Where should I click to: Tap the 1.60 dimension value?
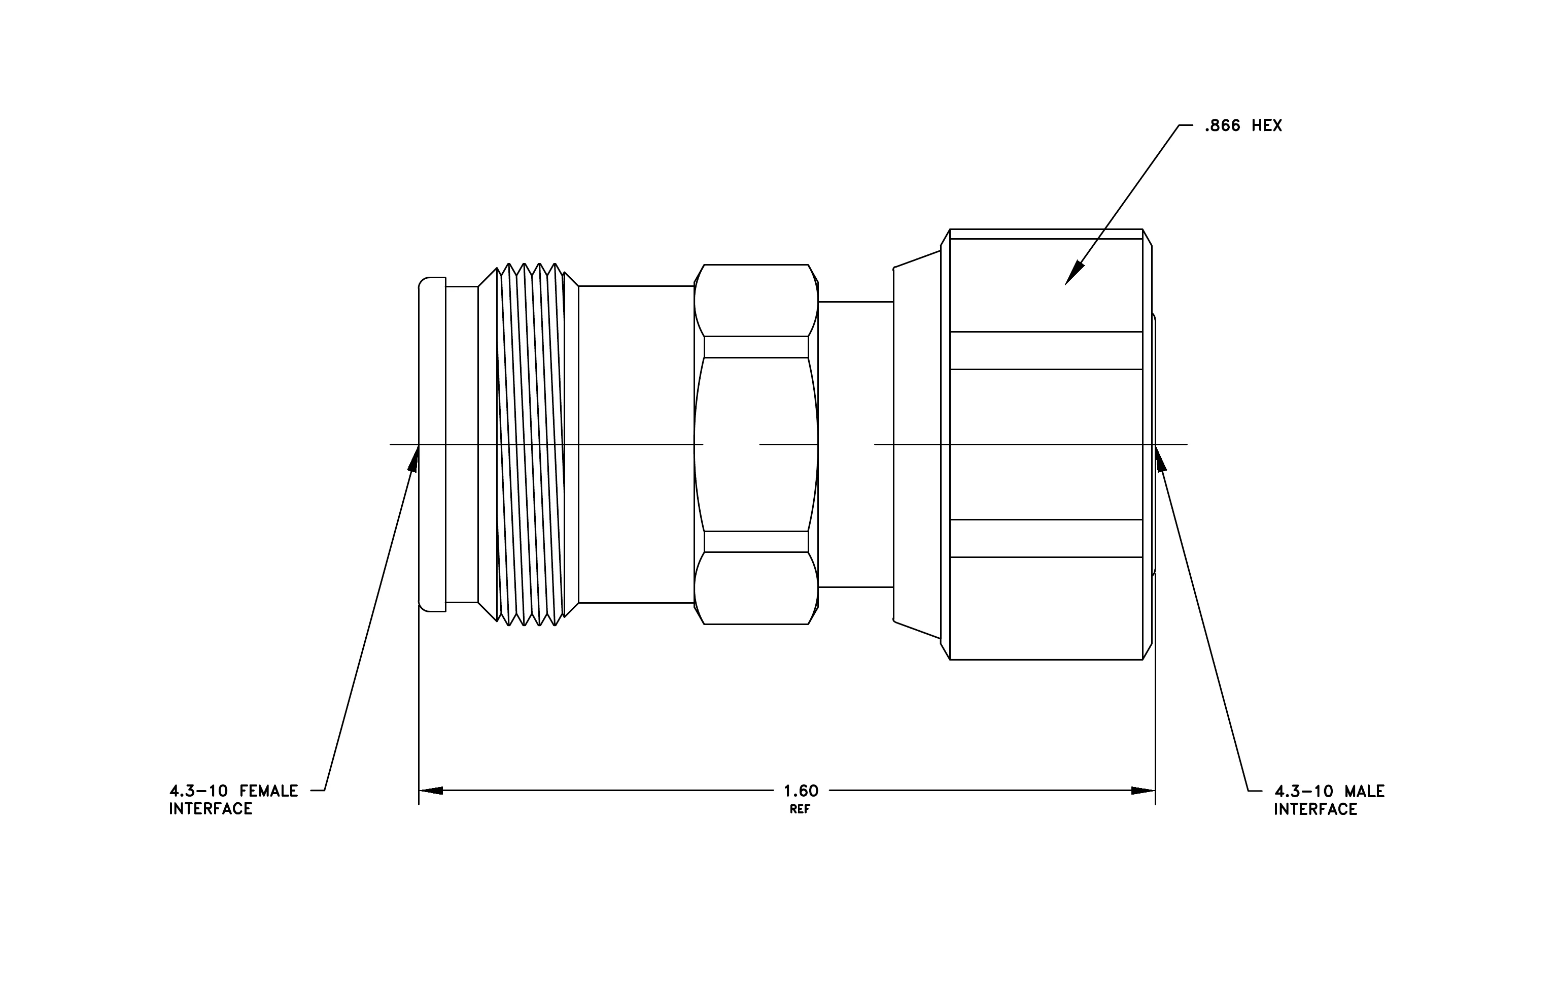pyautogui.click(x=801, y=791)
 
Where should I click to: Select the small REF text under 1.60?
pyautogui.click(x=800, y=809)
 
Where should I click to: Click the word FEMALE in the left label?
pyautogui.click(x=269, y=791)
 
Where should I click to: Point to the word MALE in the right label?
pyautogui.click(x=1364, y=791)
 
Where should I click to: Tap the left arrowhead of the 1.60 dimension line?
pyautogui.click(x=431, y=791)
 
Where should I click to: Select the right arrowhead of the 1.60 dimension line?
pyautogui.click(x=1143, y=791)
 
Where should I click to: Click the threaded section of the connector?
pyautogui.click(x=528, y=444)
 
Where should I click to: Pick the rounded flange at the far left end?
pyautogui.click(x=432, y=444)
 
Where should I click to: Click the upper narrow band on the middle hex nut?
pyautogui.click(x=756, y=347)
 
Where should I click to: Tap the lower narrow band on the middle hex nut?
pyautogui.click(x=756, y=541)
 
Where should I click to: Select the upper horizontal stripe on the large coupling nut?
pyautogui.click(x=1046, y=351)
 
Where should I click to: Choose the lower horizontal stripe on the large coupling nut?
pyautogui.click(x=1046, y=538)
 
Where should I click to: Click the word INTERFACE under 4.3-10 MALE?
pyautogui.click(x=1316, y=809)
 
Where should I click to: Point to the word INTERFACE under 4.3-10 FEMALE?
pyautogui.click(x=211, y=809)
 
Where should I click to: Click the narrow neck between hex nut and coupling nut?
pyautogui.click(x=855, y=444)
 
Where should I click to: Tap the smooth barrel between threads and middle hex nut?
pyautogui.click(x=636, y=444)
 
